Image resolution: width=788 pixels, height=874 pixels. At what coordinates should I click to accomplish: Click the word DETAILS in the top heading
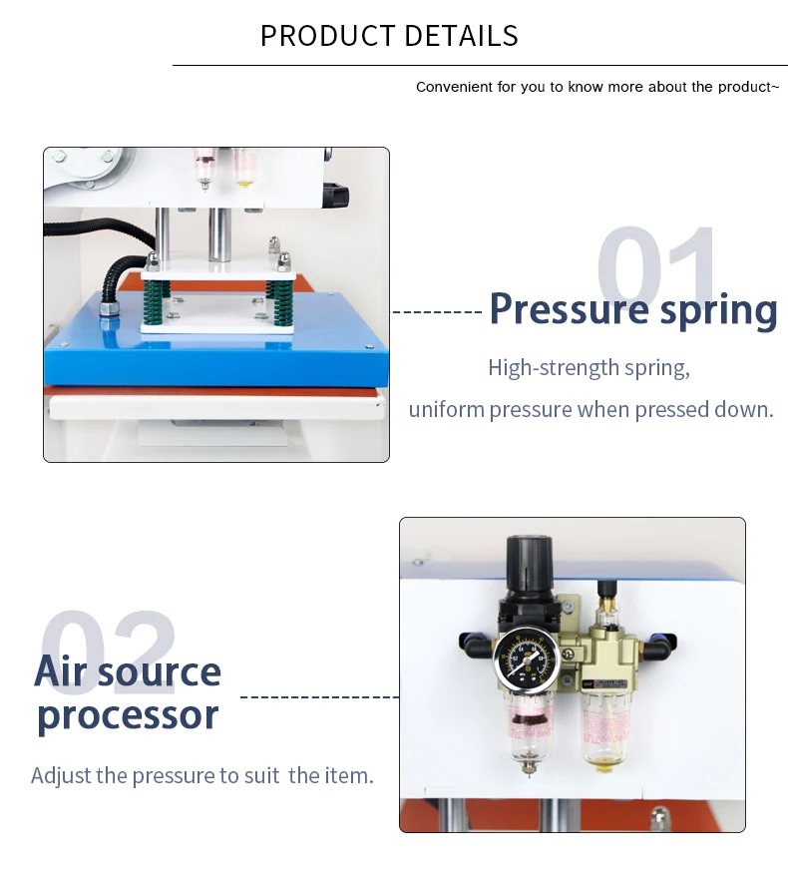460,36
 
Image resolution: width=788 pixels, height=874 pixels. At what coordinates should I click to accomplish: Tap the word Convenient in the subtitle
454,87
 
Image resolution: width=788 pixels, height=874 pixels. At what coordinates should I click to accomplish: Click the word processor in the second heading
128,714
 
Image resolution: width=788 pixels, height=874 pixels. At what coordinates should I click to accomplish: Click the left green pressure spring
157,299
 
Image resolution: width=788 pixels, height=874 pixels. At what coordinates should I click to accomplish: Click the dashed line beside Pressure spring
438,312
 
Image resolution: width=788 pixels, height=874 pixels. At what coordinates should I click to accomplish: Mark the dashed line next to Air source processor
319,696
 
